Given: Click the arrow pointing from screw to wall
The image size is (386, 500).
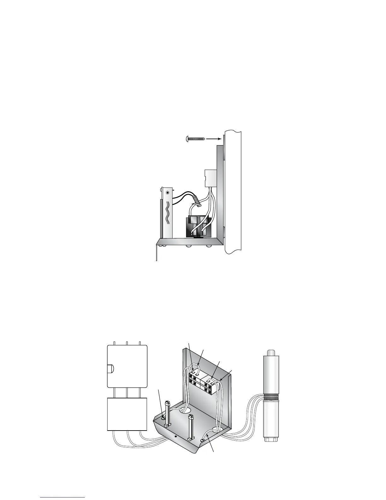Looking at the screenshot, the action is (214, 138).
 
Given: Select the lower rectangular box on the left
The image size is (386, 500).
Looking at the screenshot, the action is (127, 414).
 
